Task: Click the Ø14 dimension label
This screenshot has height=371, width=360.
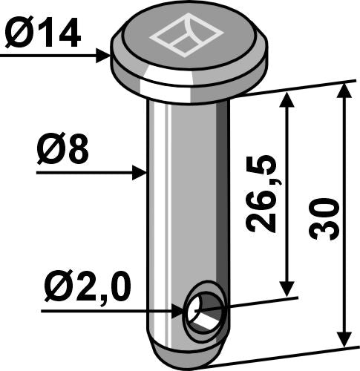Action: coord(42,34)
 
